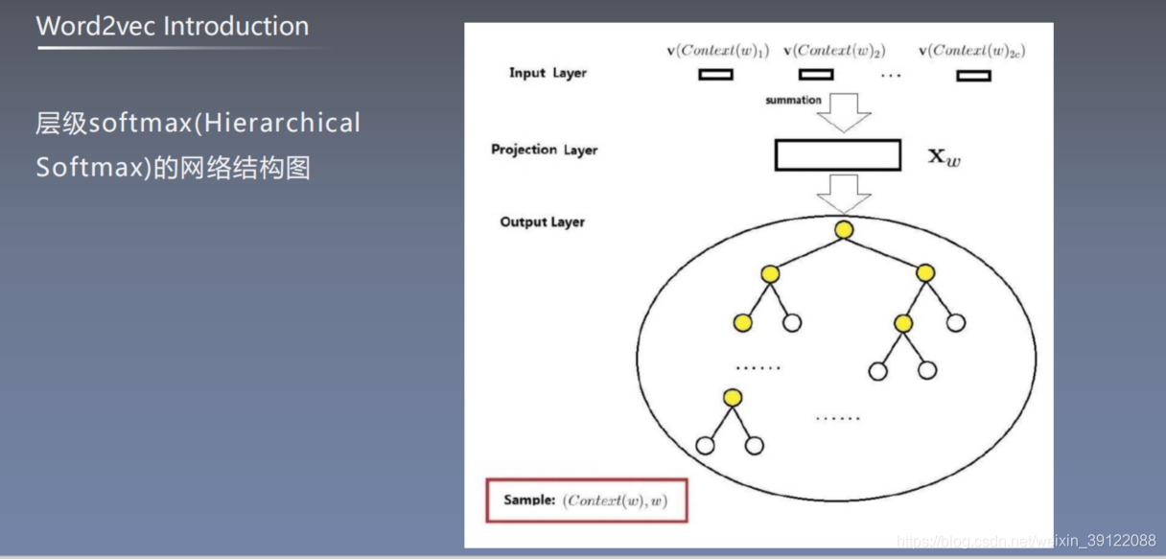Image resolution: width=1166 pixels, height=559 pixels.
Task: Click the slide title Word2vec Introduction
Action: tap(173, 27)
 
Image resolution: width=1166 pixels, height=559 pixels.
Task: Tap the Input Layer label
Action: tap(547, 73)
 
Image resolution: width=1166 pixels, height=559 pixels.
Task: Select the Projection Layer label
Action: tap(544, 150)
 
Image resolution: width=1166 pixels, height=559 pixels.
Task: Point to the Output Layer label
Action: tap(542, 222)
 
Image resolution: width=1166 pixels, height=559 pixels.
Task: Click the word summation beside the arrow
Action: tap(793, 100)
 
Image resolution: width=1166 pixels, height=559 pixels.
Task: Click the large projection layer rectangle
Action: tap(837, 155)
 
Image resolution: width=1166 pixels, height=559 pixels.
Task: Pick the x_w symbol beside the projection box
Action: tap(944, 156)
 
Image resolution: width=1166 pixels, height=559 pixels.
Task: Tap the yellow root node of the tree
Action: tap(844, 230)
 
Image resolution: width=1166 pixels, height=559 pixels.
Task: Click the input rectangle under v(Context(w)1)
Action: tap(715, 74)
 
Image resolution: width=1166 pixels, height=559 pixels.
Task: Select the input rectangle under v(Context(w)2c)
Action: tap(973, 75)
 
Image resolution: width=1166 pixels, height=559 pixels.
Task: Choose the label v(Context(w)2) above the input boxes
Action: tap(834, 51)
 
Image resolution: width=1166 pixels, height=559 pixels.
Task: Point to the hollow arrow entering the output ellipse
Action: tap(844, 193)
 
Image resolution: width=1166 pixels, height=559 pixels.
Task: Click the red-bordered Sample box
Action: tap(586, 501)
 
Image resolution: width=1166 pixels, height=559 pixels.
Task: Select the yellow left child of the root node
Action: tap(770, 275)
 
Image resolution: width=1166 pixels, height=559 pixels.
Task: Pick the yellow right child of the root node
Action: tap(924, 274)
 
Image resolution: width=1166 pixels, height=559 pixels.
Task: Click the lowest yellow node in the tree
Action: tap(733, 398)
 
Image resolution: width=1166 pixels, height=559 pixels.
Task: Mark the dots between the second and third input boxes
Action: tap(891, 76)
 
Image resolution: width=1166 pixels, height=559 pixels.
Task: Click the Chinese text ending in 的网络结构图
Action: tap(174, 168)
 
